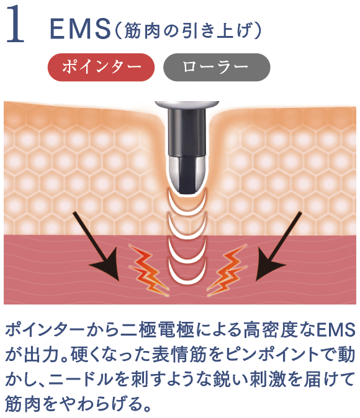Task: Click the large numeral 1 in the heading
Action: [16, 24]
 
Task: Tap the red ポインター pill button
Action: [101, 67]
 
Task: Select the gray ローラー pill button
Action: [217, 67]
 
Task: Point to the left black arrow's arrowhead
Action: [108, 265]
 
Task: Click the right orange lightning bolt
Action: [227, 270]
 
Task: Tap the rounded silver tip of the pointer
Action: [187, 175]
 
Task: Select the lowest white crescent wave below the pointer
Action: [187, 275]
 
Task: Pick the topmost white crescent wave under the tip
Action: [187, 202]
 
